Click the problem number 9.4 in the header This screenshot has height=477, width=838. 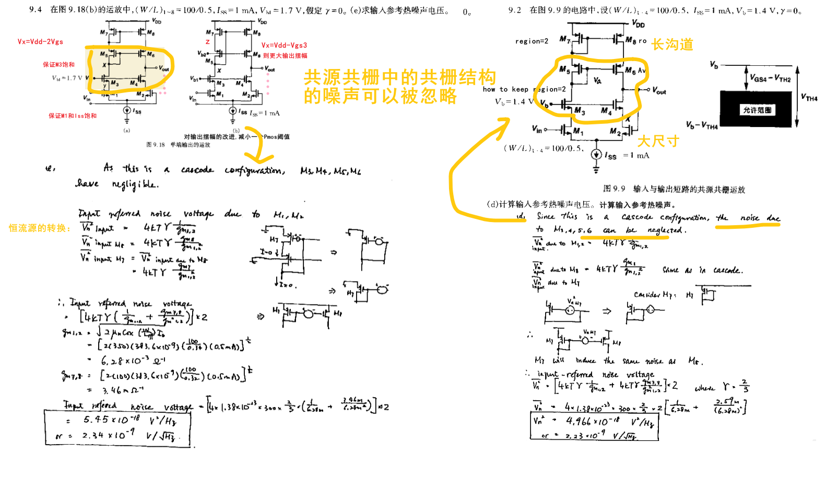(35, 10)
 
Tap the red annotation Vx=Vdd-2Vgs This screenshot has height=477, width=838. (40, 42)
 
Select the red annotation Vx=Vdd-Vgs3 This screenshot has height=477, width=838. (284, 45)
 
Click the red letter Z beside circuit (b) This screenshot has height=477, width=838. (207, 42)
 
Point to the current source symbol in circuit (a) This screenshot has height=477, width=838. (127, 110)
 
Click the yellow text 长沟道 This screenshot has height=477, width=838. (672, 45)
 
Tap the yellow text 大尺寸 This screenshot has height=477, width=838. (658, 141)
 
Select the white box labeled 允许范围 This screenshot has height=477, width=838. (757, 110)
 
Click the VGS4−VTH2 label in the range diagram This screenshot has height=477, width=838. (770, 78)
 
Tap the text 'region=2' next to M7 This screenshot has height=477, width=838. (532, 41)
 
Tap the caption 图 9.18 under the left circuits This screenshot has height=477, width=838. (155, 145)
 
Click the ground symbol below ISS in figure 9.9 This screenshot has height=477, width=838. (596, 169)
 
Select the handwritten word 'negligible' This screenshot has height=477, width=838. (135, 184)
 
